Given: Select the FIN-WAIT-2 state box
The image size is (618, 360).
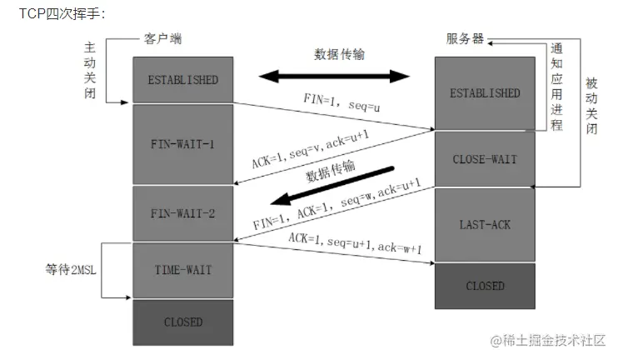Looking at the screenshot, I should (x=182, y=213).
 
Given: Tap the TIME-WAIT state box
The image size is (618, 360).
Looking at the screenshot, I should (x=182, y=270).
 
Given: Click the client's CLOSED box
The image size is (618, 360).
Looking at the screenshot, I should (x=182, y=322).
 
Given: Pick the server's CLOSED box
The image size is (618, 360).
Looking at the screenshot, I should (x=486, y=286).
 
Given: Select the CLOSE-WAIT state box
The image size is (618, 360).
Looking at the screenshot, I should (x=486, y=158).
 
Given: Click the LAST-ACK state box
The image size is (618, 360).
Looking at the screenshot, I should (x=486, y=224).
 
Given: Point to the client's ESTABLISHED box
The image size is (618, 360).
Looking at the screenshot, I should (x=182, y=80).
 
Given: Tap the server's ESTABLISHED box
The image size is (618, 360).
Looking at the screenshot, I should (x=486, y=93).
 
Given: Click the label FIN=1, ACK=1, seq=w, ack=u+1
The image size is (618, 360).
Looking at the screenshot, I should (x=336, y=204).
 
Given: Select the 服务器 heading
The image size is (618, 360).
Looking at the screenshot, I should (x=464, y=40).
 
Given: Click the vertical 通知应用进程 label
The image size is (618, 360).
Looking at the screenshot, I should (x=556, y=86).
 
